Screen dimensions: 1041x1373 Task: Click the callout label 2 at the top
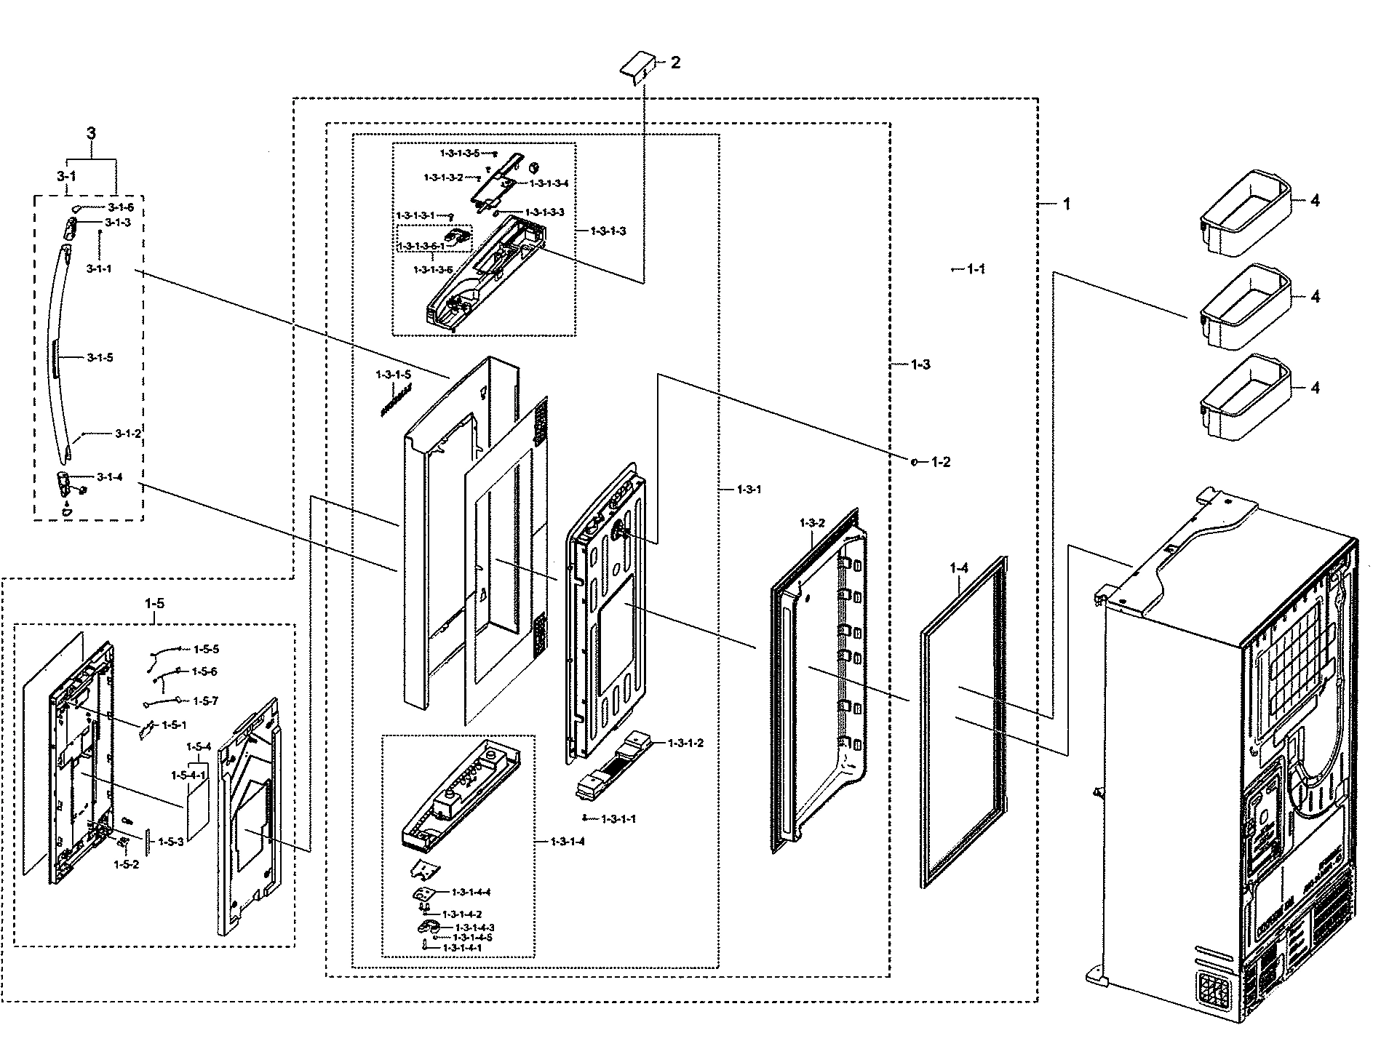(x=675, y=63)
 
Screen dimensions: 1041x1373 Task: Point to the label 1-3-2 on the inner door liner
(x=811, y=523)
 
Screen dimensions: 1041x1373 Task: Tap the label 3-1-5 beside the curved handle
(x=100, y=358)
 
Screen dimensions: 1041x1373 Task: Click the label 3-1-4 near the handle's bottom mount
(x=110, y=477)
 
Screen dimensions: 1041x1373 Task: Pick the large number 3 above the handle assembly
(x=91, y=133)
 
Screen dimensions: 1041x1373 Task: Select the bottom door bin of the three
(x=1244, y=397)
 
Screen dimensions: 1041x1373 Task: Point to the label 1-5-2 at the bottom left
(x=126, y=865)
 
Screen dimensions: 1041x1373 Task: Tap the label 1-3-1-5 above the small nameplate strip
(x=393, y=374)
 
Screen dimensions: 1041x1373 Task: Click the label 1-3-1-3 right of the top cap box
(x=608, y=231)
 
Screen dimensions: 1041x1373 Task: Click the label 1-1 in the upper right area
(x=976, y=269)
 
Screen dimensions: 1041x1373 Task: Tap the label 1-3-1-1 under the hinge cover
(x=618, y=819)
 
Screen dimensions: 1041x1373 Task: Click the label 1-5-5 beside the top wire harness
(x=205, y=649)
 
